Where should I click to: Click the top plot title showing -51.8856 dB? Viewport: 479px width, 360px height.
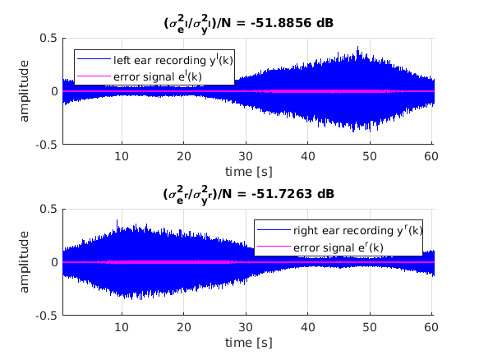pos(247,24)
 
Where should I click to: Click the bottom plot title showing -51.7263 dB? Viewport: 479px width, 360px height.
pos(247,195)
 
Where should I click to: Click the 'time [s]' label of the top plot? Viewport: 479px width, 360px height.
pos(247,170)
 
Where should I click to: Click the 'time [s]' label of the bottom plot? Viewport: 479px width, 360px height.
pos(247,341)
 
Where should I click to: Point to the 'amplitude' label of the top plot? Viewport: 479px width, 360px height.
pos(25,91)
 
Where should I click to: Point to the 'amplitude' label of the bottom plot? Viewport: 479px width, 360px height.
pos(25,262)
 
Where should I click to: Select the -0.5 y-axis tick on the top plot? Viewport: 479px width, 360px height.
pos(45,144)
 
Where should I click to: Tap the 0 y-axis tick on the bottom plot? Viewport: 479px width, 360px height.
pos(53,262)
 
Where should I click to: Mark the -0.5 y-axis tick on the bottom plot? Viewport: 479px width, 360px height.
pos(45,315)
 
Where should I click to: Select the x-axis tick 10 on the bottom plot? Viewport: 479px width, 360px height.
pos(122,327)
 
